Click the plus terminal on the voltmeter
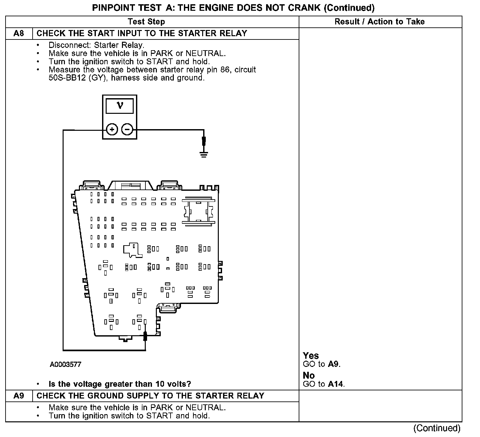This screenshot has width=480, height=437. (112, 129)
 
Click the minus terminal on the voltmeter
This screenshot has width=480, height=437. (127, 129)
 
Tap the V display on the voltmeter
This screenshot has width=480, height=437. (120, 106)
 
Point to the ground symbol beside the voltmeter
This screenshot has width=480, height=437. (204, 154)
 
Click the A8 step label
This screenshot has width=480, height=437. (19, 33)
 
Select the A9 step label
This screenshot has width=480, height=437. (19, 396)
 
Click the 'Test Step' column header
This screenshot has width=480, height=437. (146, 22)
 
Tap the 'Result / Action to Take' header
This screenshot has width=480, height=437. (380, 22)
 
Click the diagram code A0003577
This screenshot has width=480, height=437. (66, 364)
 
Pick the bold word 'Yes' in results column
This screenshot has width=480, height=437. (311, 355)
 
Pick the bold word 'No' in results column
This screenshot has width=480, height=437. (308, 376)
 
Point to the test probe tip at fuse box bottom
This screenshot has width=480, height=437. (145, 336)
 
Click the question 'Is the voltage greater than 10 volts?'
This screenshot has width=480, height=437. (120, 384)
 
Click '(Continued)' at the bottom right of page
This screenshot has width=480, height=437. (437, 428)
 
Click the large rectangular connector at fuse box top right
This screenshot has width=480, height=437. (198, 211)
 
